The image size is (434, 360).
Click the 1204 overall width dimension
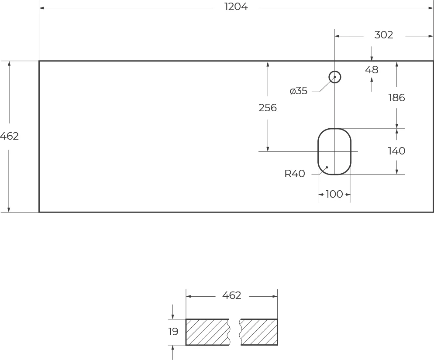pos(236,7)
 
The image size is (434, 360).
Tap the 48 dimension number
pos(372,70)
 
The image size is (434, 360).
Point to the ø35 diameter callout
pos(299,91)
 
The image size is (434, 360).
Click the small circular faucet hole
pos(334,77)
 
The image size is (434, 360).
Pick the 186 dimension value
pos(396,98)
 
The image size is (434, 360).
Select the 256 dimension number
pos(268,108)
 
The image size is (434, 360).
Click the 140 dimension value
pos(396,151)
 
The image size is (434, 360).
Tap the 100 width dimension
pos(334,194)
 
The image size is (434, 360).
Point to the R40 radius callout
pos(295,174)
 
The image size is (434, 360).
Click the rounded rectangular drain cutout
pos(334,144)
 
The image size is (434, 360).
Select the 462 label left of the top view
pos(9,136)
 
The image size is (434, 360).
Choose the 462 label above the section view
pos(231,295)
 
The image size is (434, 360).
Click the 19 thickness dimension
pos(173,332)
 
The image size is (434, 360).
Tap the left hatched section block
pos(207,332)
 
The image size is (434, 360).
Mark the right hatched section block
pos(259,332)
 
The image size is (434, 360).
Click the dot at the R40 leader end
pos(327,167)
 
